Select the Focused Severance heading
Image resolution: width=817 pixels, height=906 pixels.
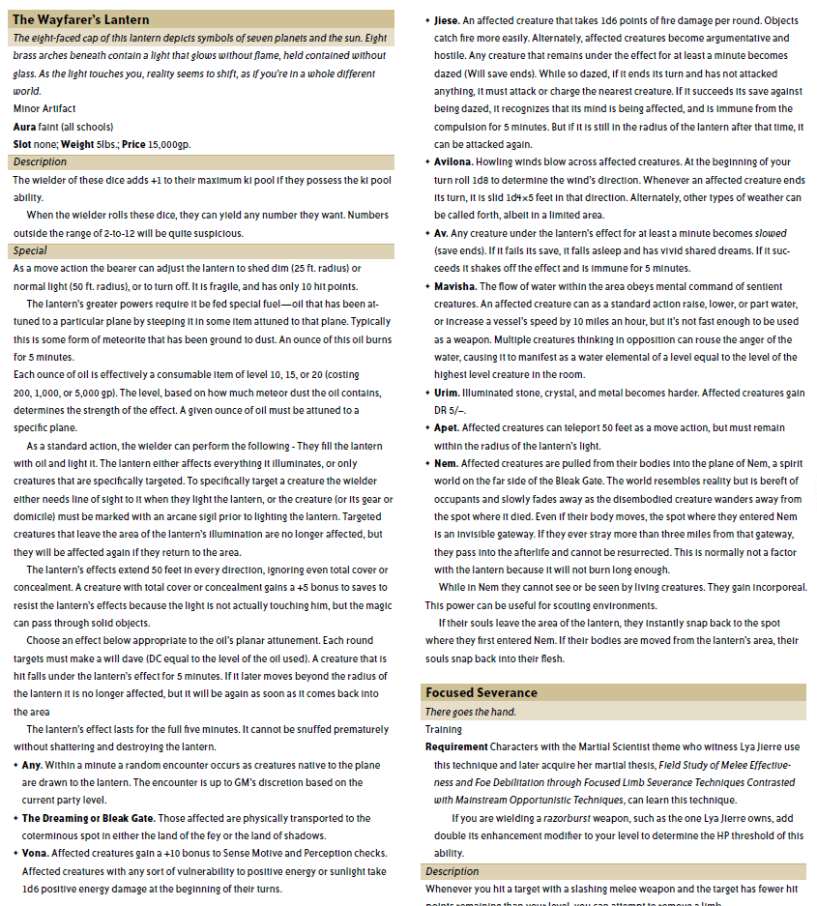tap(481, 693)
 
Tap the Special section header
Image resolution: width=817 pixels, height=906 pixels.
tap(30, 250)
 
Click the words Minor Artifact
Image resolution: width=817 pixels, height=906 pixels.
tap(44, 108)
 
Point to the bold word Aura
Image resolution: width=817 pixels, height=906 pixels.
tap(24, 127)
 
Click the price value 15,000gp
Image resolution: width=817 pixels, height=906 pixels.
tap(169, 144)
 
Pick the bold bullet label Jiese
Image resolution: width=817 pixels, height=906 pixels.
tap(447, 20)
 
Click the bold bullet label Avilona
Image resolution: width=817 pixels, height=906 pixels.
tap(453, 161)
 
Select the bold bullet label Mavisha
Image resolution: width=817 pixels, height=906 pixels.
tap(454, 286)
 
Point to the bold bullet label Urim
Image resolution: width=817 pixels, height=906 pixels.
tap(447, 392)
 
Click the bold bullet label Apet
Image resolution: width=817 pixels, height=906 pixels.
tap(447, 427)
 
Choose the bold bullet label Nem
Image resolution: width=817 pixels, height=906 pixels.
tap(446, 463)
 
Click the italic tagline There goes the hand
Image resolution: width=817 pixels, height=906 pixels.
tap(471, 712)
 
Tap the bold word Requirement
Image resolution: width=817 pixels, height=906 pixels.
tap(456, 746)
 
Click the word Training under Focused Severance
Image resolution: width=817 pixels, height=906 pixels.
tap(444, 729)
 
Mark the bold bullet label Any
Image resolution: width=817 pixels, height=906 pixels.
tap(31, 765)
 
